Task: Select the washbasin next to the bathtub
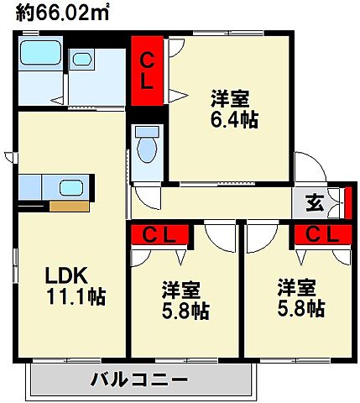pos(82,60)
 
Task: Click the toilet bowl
pos(147,148)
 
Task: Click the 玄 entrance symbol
pos(313,202)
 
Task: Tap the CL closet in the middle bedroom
pos(163,235)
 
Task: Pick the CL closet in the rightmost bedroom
pos(321,235)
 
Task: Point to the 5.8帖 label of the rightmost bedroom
pos(300,309)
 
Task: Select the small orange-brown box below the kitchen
pos(68,206)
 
